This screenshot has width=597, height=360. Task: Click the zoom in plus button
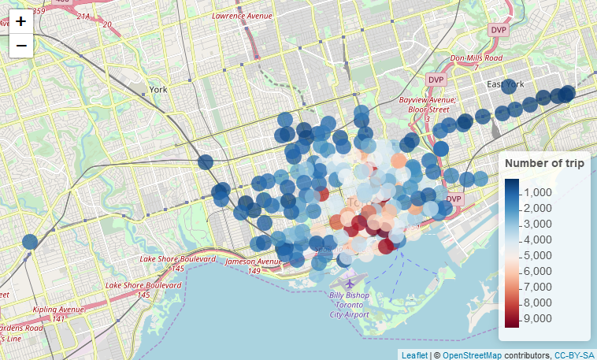(x=21, y=21)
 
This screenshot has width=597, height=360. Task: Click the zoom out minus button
(x=21, y=46)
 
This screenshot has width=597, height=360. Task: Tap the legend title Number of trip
(x=544, y=163)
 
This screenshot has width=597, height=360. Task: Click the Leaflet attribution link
(x=414, y=354)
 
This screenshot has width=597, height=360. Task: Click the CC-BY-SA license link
(x=574, y=354)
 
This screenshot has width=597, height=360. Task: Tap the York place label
(x=158, y=90)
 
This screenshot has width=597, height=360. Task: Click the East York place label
(x=505, y=85)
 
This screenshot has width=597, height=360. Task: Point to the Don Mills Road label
(x=476, y=58)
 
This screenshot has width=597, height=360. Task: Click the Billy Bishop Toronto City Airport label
(x=349, y=304)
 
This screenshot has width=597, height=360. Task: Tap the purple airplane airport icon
(x=350, y=283)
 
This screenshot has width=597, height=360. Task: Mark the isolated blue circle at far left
(x=30, y=241)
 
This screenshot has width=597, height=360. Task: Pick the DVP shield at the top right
(x=499, y=30)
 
